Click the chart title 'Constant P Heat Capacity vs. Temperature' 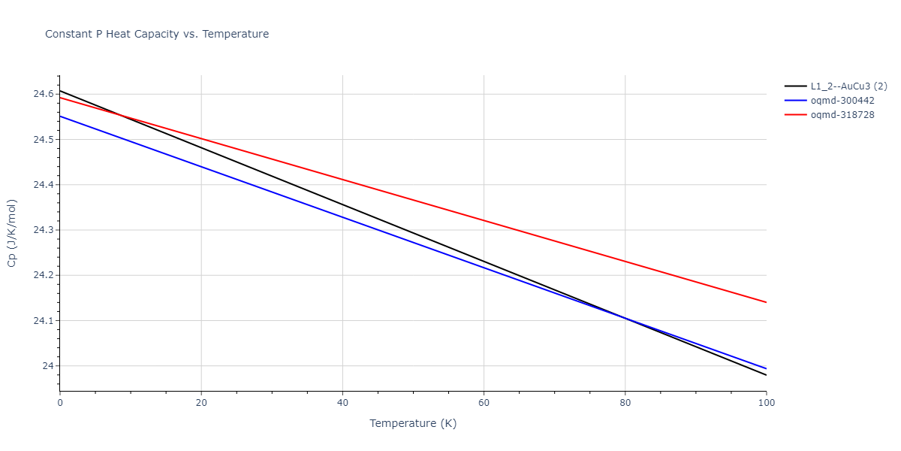(157, 34)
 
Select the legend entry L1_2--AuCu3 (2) (847, 86)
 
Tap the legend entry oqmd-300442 (842, 101)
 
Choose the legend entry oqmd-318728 (842, 115)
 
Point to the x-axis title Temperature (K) (413, 423)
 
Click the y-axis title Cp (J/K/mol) (12, 233)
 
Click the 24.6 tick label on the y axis (43, 94)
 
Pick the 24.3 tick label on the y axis (43, 230)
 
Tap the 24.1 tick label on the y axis (43, 321)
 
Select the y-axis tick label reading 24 (48, 366)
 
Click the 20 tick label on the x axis (201, 403)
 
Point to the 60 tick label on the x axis (484, 403)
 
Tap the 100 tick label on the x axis (766, 403)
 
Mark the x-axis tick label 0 (60, 403)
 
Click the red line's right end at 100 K (766, 302)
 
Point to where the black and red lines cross (119, 115)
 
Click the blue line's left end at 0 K (60, 116)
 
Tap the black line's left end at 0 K (60, 90)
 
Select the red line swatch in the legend (795, 115)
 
